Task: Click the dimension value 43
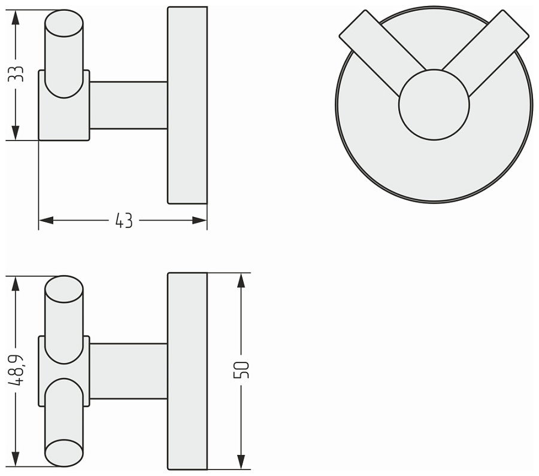point(124,221)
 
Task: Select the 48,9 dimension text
point(16,371)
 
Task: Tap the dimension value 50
point(241,370)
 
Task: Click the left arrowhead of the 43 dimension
point(46,220)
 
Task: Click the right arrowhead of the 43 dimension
point(199,220)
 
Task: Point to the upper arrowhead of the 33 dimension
point(16,17)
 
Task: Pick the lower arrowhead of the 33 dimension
point(16,133)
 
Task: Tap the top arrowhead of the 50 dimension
point(241,280)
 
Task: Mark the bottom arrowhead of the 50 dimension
point(241,462)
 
